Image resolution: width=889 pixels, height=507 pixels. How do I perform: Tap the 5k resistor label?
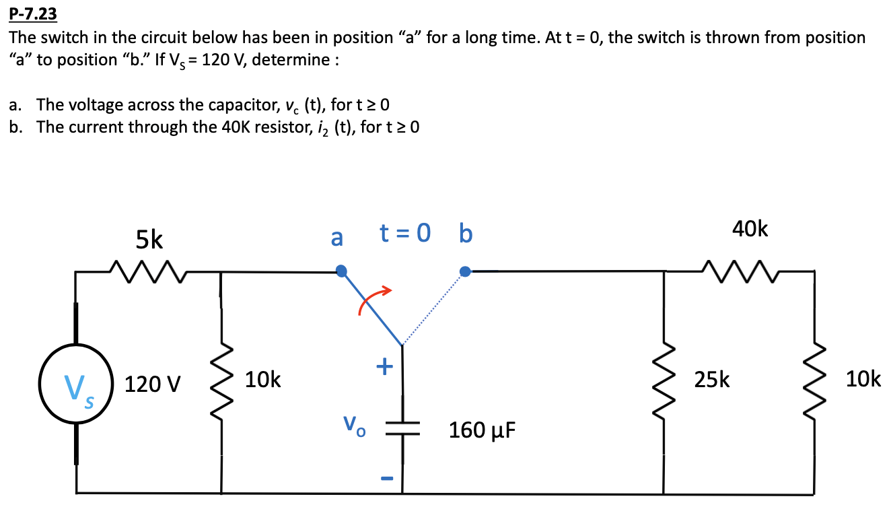(x=149, y=239)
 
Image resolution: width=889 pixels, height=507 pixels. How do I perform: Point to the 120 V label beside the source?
(x=153, y=385)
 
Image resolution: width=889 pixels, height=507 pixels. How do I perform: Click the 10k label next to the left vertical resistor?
(x=263, y=380)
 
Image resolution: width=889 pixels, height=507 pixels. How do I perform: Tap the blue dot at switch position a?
(x=342, y=271)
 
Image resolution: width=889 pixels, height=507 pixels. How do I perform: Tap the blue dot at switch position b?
(x=464, y=271)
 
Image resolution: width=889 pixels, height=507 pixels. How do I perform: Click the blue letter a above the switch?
(x=336, y=238)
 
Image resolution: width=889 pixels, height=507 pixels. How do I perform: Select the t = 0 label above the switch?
(x=404, y=234)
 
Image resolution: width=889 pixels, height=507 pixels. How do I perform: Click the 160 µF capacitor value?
(x=483, y=430)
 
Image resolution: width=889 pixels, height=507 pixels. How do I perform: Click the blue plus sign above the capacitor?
(x=384, y=366)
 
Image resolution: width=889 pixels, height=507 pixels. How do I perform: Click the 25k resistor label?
(x=712, y=380)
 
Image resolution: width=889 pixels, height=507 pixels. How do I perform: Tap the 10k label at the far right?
(x=863, y=380)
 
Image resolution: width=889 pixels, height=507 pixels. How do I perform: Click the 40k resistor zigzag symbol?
(x=740, y=271)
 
